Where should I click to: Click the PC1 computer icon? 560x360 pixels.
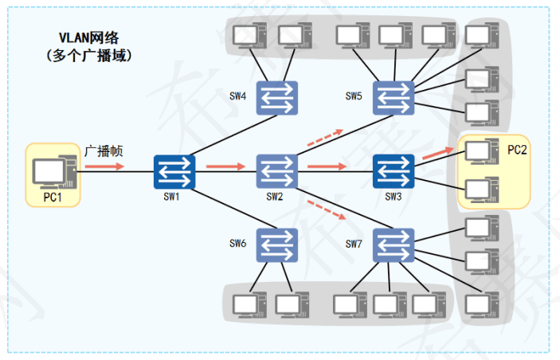53,171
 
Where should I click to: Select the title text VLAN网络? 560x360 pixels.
88,37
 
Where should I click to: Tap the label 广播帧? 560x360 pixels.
103,151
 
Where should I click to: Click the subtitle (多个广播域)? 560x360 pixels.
88,57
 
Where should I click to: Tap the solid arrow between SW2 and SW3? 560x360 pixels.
327,166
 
